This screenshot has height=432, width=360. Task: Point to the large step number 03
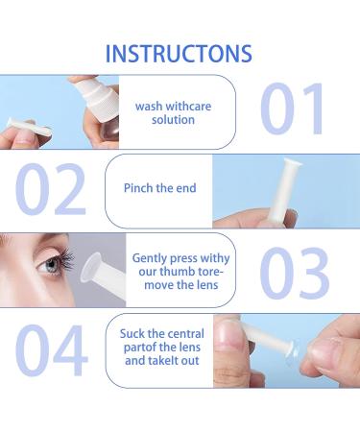point(296,272)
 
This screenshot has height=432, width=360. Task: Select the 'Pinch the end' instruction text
point(160,188)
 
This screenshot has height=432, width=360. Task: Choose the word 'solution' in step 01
point(173,120)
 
